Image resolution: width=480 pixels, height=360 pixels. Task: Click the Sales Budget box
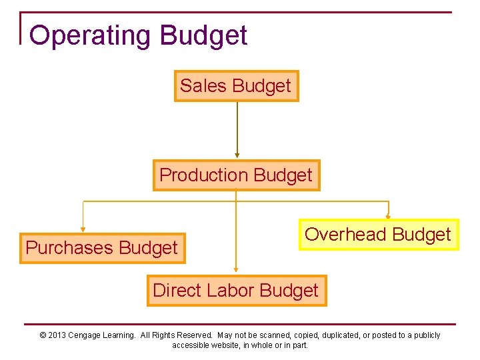click(236, 86)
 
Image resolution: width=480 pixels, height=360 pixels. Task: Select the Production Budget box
click(236, 175)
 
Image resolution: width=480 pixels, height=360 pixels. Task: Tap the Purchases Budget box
click(102, 248)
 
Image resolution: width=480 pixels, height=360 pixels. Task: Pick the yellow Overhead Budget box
click(378, 235)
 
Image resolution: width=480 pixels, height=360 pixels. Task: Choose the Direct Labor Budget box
click(236, 291)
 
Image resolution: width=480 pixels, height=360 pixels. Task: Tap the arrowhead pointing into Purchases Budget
click(83, 229)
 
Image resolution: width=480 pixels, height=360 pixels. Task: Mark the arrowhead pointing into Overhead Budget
click(389, 216)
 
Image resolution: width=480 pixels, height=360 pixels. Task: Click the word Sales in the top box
click(198, 86)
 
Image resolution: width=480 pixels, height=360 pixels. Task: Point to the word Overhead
click(345, 235)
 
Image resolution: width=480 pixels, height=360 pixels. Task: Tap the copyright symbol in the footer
click(43, 335)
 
